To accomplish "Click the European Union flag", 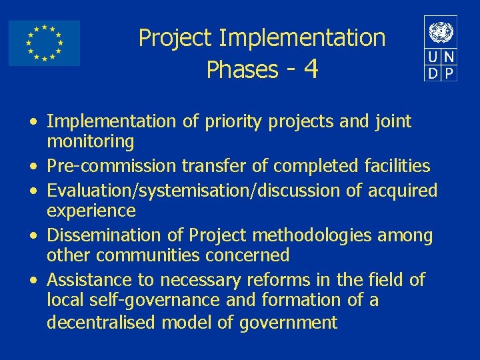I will tap(44, 43).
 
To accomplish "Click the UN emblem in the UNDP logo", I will tap(441, 31).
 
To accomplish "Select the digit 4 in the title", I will tap(310, 69).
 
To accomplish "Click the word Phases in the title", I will tap(243, 69).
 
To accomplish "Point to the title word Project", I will tap(177, 38).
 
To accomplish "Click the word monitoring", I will tap(91, 141).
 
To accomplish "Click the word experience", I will tap(91, 211).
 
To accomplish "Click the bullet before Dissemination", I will tap(32, 236).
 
